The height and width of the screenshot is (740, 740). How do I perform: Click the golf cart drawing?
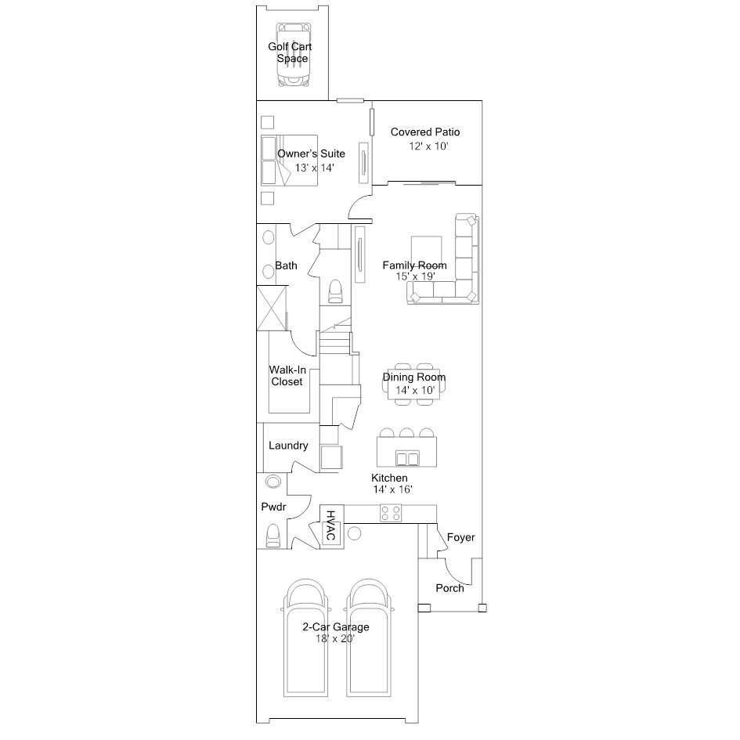pyautogui.click(x=294, y=55)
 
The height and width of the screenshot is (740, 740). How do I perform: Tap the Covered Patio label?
pyautogui.click(x=425, y=132)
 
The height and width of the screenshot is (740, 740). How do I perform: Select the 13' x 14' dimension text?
pyautogui.click(x=314, y=168)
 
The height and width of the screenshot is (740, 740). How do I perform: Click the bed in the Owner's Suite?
pyautogui.click(x=289, y=161)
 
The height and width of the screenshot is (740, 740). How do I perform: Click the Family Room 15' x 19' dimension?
pyautogui.click(x=415, y=276)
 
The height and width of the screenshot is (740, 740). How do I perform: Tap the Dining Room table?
pyautogui.click(x=414, y=384)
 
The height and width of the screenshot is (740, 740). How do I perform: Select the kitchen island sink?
pyautogui.click(x=407, y=458)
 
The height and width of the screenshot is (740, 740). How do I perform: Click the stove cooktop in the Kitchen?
pyautogui.click(x=391, y=513)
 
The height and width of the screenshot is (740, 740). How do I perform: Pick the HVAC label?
pyautogui.click(x=330, y=525)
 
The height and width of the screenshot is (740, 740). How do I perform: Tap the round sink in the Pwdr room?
pyautogui.click(x=273, y=482)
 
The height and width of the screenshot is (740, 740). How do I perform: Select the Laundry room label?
pyautogui.click(x=288, y=446)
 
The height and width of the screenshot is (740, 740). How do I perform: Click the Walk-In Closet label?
pyautogui.click(x=287, y=376)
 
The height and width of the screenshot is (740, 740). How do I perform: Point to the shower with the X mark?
pyautogui.click(x=272, y=309)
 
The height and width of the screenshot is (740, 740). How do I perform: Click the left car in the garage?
pyautogui.click(x=305, y=637)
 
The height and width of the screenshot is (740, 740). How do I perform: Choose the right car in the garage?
pyautogui.click(x=369, y=637)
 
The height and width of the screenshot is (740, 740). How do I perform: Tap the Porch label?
pyautogui.click(x=449, y=588)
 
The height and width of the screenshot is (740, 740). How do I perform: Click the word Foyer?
pyautogui.click(x=461, y=537)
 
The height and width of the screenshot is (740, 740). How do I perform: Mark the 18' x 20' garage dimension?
pyautogui.click(x=335, y=638)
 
